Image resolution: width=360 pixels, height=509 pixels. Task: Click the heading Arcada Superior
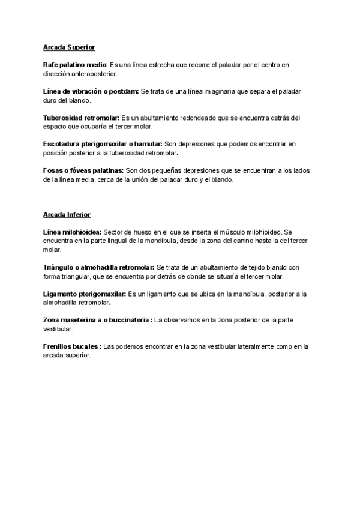[69, 46]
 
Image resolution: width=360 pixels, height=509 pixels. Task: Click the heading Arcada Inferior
[67, 214]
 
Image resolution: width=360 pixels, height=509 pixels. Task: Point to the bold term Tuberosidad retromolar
[81, 117]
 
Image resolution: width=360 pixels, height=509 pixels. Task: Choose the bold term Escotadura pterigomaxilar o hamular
[103, 144]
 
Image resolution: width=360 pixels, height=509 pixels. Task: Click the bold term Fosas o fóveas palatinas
[83, 171]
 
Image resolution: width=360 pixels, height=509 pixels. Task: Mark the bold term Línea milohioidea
[73, 231]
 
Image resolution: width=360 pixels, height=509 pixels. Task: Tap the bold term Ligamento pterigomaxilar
[85, 294]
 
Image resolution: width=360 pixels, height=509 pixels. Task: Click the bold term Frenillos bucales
[72, 346]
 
